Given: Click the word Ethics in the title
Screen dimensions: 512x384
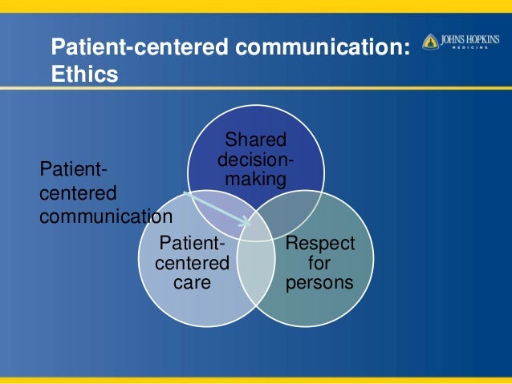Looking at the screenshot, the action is point(84,75).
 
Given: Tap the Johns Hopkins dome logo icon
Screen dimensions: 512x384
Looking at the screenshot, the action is point(430,41).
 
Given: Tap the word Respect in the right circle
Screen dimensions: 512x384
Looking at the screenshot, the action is point(319,243).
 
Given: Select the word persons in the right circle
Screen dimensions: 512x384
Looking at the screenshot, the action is point(319,282).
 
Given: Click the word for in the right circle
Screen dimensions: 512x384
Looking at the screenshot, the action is point(319,263).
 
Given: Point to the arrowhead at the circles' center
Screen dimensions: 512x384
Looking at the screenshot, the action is point(247,223).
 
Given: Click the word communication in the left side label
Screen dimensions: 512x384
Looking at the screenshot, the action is point(105,216).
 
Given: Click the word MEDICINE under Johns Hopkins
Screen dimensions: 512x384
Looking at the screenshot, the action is point(470,47).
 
